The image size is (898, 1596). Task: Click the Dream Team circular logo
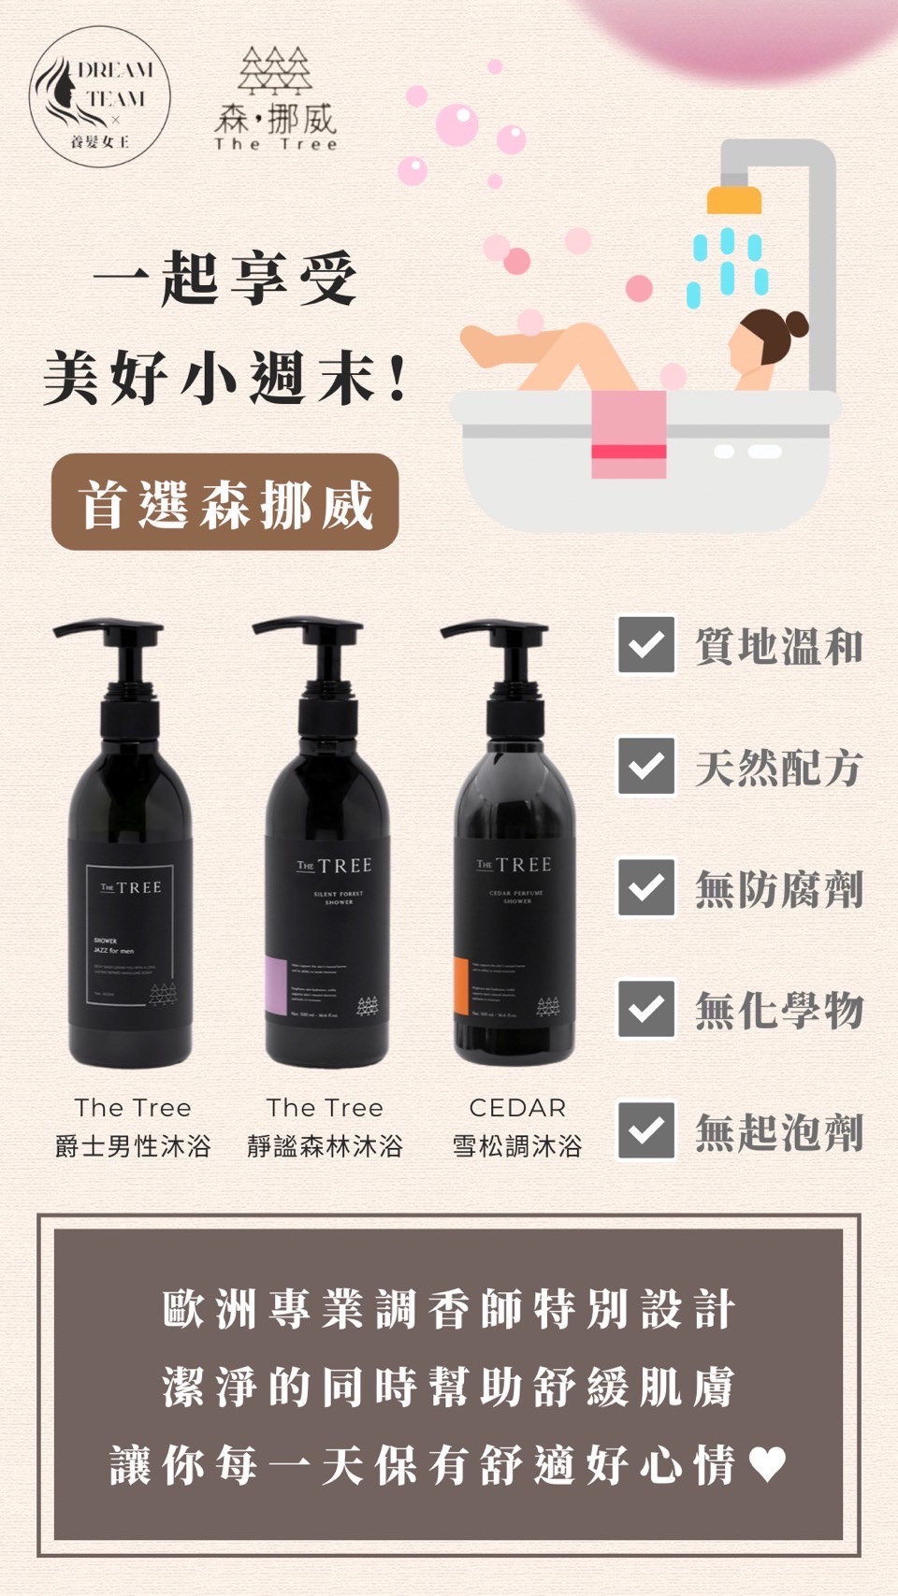(x=100, y=97)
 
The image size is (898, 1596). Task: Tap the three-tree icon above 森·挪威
(x=274, y=70)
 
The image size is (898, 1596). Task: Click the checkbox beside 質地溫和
(x=646, y=645)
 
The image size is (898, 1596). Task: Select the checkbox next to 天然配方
(x=646, y=767)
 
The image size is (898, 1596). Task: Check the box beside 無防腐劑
(x=646, y=887)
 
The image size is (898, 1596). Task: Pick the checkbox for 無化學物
(x=646, y=1009)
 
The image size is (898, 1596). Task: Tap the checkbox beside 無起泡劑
(x=646, y=1130)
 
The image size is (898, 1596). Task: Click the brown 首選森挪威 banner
(x=225, y=502)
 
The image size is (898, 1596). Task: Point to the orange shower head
(x=733, y=199)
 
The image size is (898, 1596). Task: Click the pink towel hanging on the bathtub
(x=629, y=434)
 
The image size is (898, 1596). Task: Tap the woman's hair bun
(x=795, y=324)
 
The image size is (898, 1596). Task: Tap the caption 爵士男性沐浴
(x=133, y=1146)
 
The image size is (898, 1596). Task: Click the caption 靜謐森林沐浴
(x=325, y=1146)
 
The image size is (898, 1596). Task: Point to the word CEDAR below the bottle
(x=517, y=1108)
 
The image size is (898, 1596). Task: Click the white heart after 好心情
(x=767, y=1464)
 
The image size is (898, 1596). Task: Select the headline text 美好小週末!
(x=225, y=377)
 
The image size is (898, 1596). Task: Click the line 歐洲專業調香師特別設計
(x=449, y=1309)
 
